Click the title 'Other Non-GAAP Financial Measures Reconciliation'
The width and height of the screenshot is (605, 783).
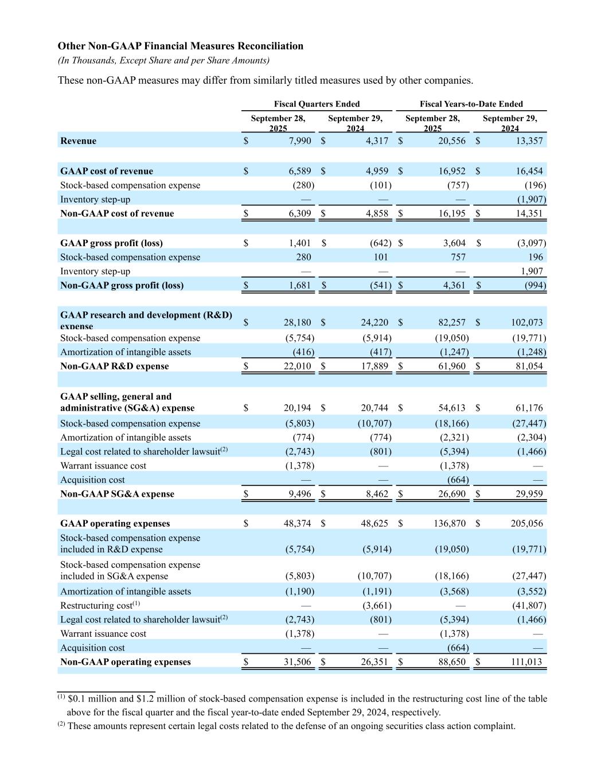click(x=181, y=46)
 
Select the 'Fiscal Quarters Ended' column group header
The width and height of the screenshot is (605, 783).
click(x=317, y=104)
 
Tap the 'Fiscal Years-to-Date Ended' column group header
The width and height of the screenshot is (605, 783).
click(x=471, y=104)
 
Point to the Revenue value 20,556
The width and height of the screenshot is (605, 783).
click(x=452, y=141)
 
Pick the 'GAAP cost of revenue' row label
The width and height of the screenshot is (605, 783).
click(x=107, y=171)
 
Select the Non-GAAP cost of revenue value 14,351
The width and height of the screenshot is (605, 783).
click(x=527, y=213)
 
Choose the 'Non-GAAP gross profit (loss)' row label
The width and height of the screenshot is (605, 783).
click(x=122, y=286)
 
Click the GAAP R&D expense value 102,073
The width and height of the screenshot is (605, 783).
click(x=526, y=322)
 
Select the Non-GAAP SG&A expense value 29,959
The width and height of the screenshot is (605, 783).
click(x=529, y=494)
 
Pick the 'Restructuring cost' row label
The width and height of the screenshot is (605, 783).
click(x=96, y=606)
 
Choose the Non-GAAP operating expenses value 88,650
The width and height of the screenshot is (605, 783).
click(x=452, y=662)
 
